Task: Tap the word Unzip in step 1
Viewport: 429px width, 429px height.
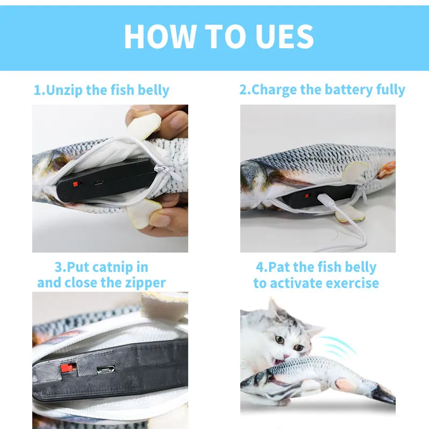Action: [65, 90]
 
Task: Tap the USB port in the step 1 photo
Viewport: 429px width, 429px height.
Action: [99, 182]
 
